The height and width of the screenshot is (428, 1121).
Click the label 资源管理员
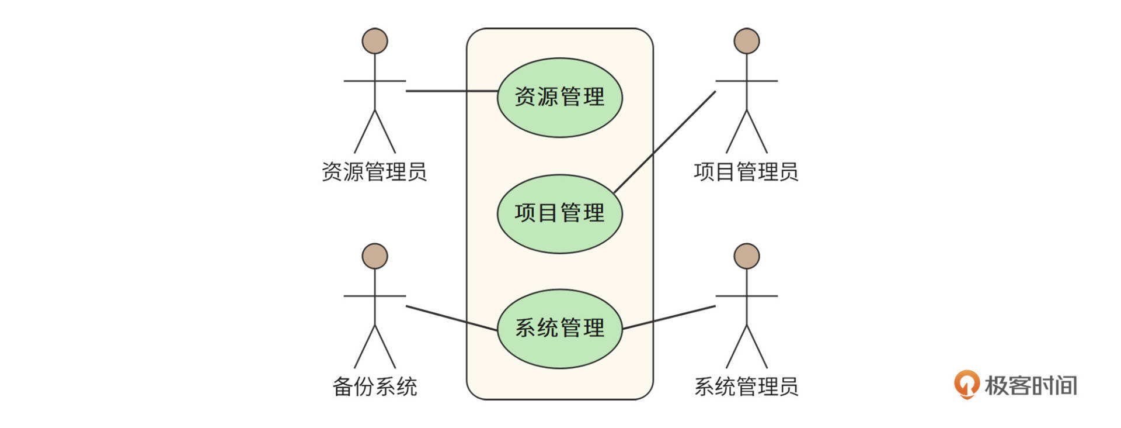374,172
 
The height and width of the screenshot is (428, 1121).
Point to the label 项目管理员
746,172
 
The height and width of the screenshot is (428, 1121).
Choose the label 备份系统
374,386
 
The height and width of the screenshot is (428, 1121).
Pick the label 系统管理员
746,386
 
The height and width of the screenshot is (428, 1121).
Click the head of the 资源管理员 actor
375,41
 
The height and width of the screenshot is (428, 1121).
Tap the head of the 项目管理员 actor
747,41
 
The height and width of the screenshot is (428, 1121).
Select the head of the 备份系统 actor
375,256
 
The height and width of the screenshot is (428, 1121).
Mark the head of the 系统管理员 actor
747,256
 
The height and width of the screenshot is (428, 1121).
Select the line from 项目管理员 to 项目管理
666,141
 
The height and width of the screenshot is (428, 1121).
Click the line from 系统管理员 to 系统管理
669,317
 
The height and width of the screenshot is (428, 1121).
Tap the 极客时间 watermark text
1031,386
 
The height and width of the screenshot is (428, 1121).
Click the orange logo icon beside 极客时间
967,384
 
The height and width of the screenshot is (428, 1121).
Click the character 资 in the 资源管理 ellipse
525,97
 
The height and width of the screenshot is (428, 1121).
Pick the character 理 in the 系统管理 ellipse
594,328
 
